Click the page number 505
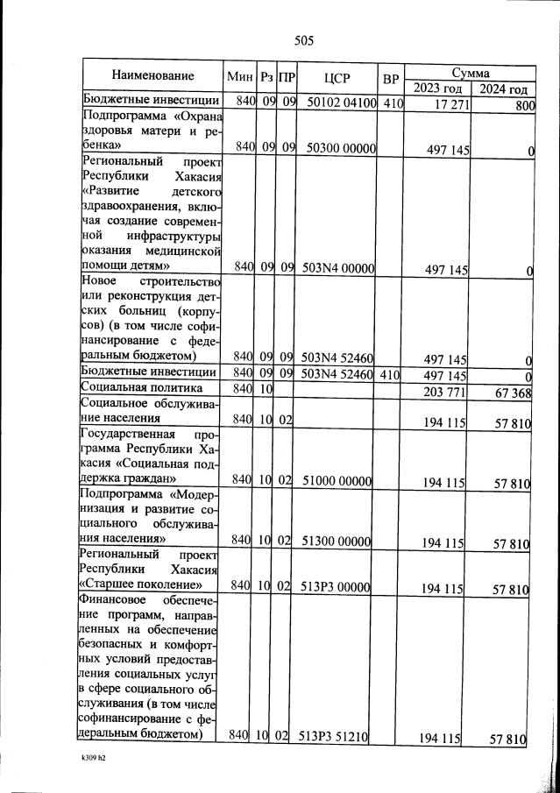click(x=304, y=40)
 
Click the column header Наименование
click(x=152, y=76)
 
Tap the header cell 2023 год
click(x=436, y=89)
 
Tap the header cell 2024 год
click(x=500, y=89)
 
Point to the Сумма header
click(x=469, y=72)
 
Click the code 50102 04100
click(x=341, y=103)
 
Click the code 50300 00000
click(x=341, y=148)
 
